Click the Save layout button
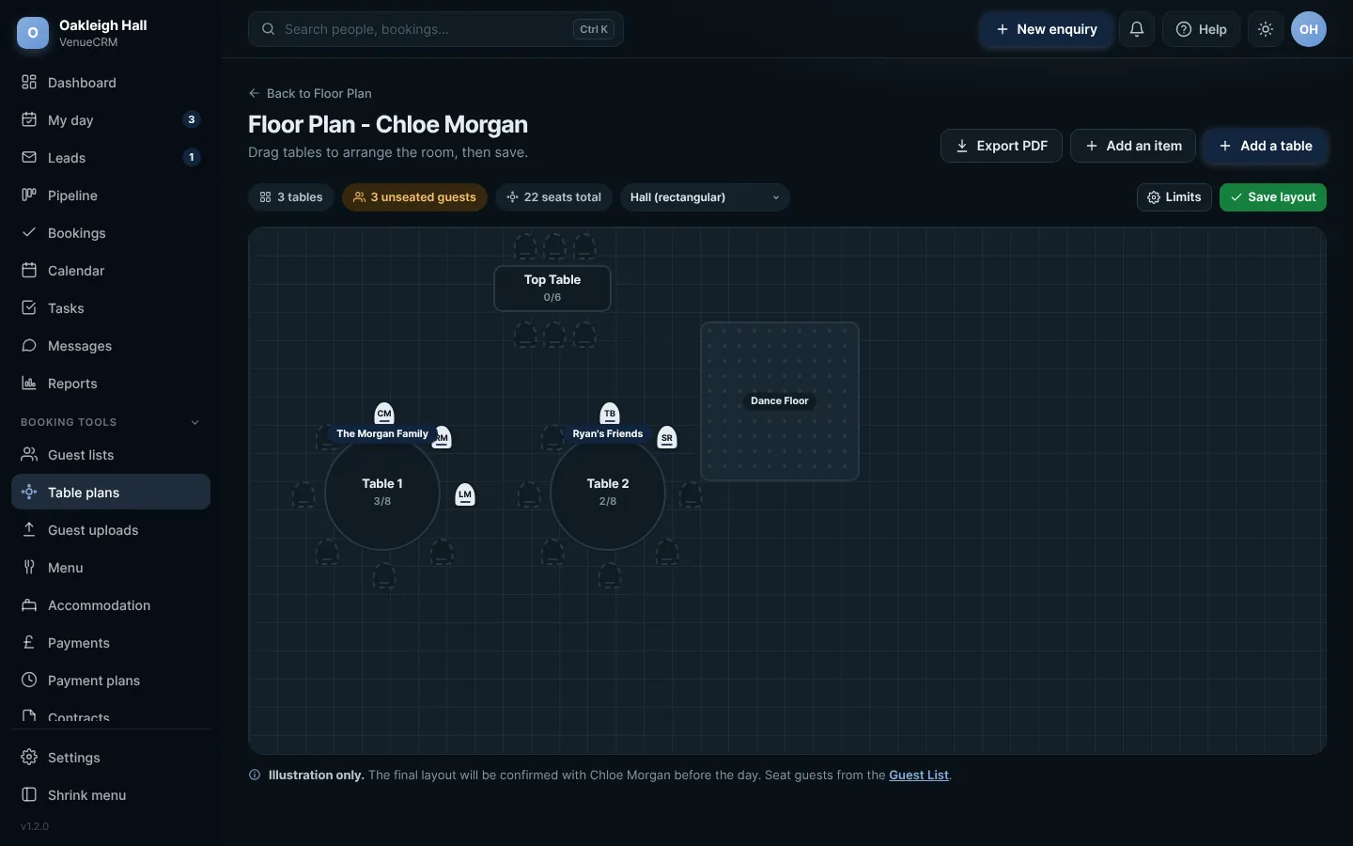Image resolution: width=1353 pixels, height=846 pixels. click(x=1272, y=197)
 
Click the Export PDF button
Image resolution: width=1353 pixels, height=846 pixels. click(x=1001, y=146)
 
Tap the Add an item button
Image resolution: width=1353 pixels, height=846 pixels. click(x=1132, y=146)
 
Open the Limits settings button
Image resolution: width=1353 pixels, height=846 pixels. click(x=1174, y=197)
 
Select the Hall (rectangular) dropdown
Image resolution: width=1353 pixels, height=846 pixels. click(x=705, y=197)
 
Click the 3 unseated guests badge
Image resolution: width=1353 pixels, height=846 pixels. click(x=414, y=197)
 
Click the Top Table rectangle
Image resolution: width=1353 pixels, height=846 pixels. click(x=552, y=289)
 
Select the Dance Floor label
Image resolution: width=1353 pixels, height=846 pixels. click(x=779, y=400)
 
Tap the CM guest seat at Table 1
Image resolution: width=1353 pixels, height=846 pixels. click(x=384, y=414)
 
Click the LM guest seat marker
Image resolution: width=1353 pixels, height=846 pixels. click(x=464, y=494)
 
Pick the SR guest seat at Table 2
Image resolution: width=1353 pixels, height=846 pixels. click(x=667, y=437)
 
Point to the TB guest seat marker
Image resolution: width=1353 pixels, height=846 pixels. click(x=610, y=414)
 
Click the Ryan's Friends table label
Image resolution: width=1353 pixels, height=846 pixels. click(x=608, y=433)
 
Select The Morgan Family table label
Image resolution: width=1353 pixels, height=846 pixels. click(x=382, y=433)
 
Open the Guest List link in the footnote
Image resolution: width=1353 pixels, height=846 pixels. click(x=918, y=775)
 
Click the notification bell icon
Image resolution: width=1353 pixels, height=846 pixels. click(x=1136, y=29)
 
